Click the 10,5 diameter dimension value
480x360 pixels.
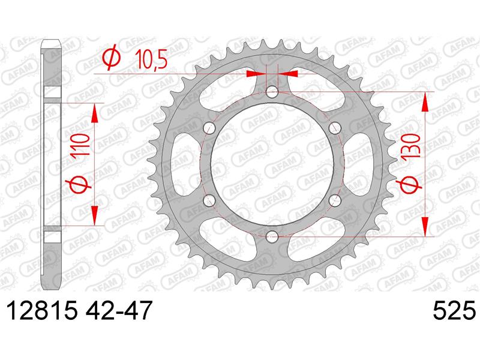151,60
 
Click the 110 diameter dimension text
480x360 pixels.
80,145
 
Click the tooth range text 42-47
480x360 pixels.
119,310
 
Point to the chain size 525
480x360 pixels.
455,310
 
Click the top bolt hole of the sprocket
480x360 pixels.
272,92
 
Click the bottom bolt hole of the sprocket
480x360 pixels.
272,236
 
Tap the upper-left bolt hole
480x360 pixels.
209,128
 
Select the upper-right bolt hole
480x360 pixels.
335,128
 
